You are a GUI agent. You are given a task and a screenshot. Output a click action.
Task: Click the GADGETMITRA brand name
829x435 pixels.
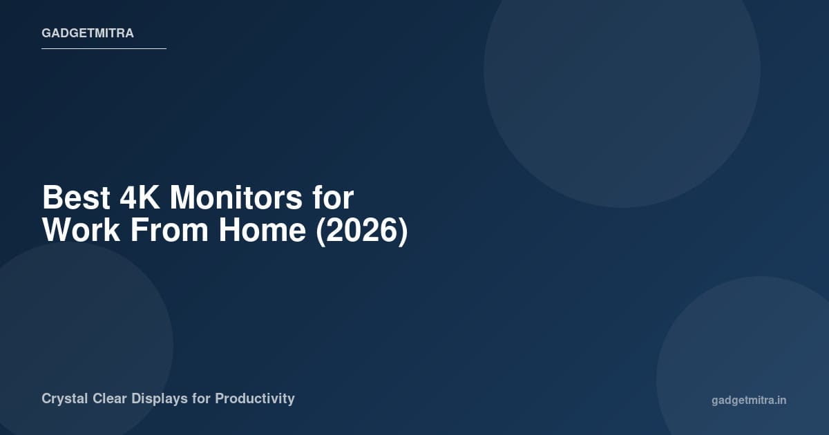[88, 33]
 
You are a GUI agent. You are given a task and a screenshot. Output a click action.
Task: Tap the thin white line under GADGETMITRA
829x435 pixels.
[104, 48]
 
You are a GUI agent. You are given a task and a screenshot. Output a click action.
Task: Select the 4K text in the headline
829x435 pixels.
[140, 198]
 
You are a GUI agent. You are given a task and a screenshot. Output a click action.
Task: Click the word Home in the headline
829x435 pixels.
[263, 231]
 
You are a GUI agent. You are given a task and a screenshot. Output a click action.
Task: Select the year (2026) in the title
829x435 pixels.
[362, 231]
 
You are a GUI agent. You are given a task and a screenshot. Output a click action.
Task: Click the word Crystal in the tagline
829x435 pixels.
[64, 398]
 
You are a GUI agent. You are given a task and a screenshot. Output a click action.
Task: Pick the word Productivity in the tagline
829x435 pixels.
[255, 398]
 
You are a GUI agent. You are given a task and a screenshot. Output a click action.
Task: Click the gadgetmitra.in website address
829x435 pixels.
[749, 400]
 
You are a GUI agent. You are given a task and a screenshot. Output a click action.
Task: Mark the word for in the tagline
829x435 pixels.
[202, 398]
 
